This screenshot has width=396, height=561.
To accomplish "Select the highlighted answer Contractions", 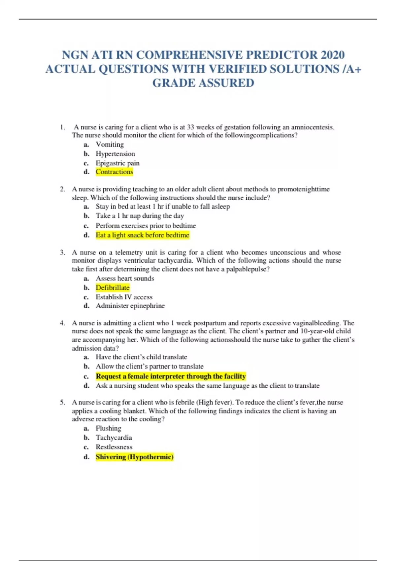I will (114, 172).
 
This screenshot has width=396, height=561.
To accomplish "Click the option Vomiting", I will (110, 145).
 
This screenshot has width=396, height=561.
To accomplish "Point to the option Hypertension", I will (115, 154).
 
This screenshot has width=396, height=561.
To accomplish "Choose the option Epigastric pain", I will (117, 163).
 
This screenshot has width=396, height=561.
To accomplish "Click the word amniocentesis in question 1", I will (313, 127).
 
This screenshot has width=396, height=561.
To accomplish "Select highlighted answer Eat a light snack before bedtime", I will (142, 235).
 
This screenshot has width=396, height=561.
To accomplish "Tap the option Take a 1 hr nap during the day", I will (140, 216).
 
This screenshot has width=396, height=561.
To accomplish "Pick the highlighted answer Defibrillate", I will (113, 288).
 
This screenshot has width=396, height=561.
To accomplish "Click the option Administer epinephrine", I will (130, 306).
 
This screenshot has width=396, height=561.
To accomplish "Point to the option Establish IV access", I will (124, 297).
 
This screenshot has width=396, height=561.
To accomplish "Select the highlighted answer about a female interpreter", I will (171, 376).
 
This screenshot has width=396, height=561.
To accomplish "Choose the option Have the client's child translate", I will (141, 357).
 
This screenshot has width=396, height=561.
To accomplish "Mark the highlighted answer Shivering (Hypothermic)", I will (134, 457).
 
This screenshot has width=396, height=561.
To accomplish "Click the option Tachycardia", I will (114, 438).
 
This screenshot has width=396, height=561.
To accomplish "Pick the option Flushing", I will (108, 428).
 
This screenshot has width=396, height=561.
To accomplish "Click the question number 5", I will (62, 402).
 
